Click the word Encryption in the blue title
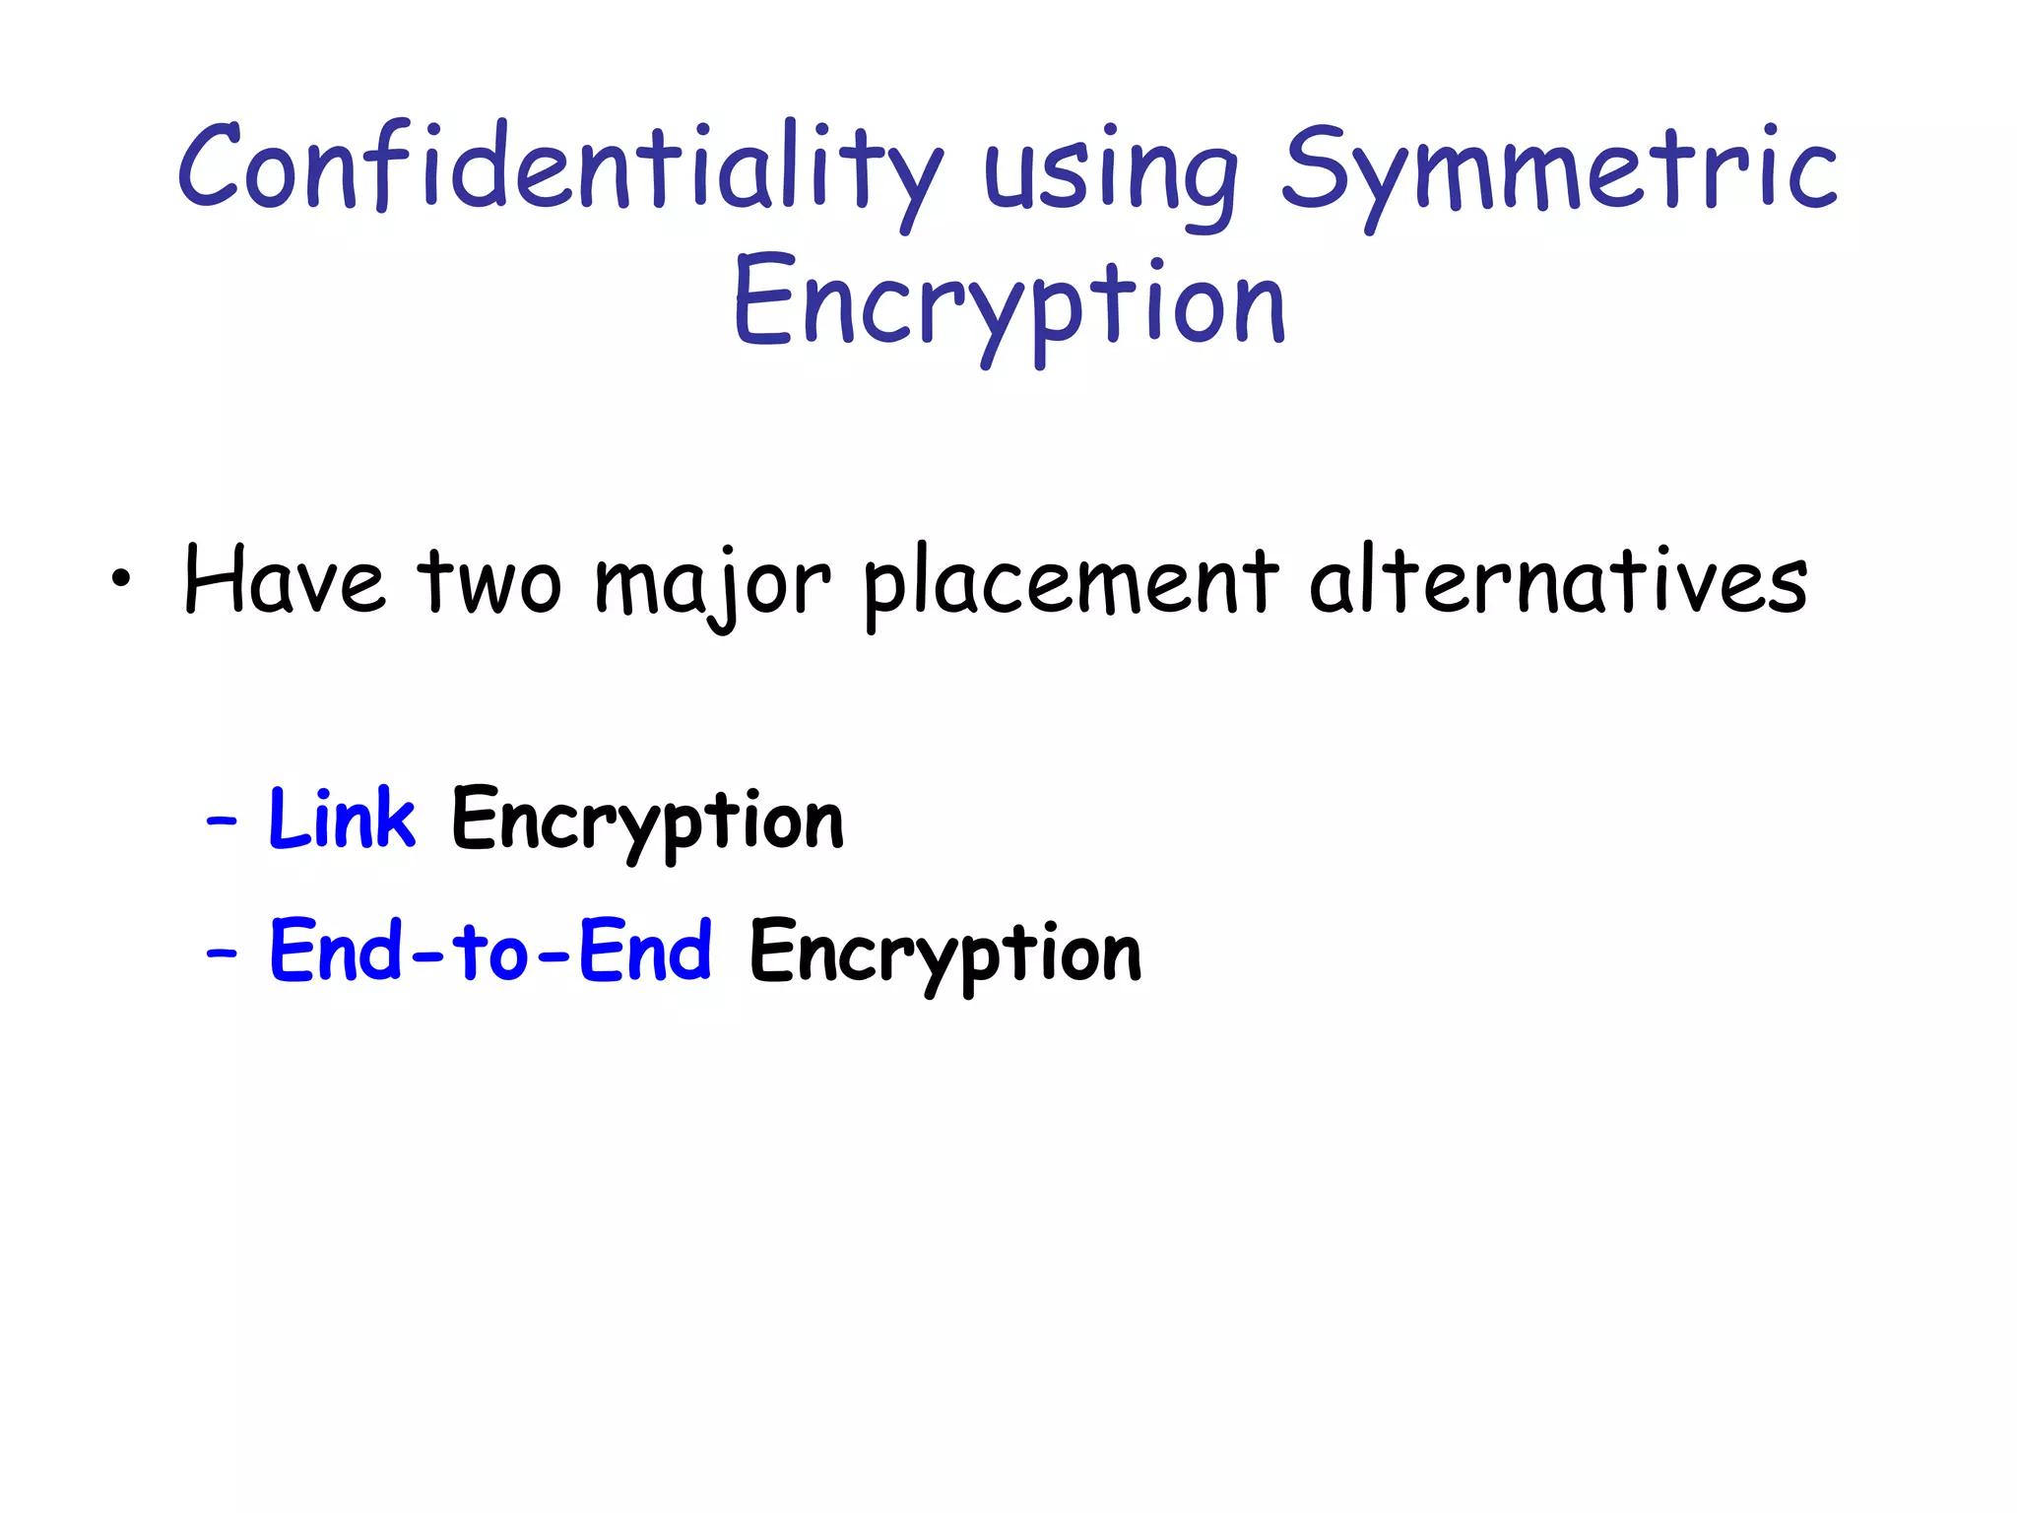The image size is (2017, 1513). click(1008, 303)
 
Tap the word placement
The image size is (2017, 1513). click(1071, 583)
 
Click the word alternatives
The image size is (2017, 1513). click(1558, 581)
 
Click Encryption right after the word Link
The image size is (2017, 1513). click(647, 822)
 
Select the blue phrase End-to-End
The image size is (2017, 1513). click(490, 951)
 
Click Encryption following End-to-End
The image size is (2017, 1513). click(944, 954)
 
